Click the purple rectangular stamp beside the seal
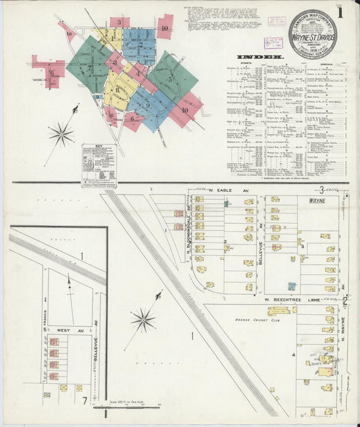pos(273,42)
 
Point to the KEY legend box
pos(99,165)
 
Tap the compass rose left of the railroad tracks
pos(143,319)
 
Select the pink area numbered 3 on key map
pos(119,22)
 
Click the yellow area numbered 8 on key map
pos(117,89)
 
